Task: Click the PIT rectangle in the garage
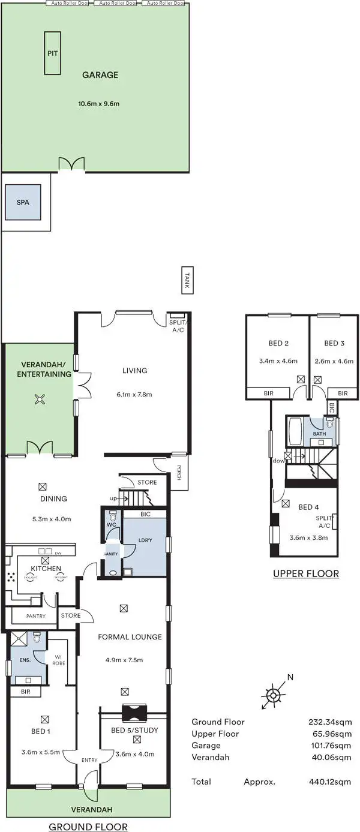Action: point(52,53)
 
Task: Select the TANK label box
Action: point(188,281)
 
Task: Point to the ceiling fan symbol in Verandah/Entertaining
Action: point(40,400)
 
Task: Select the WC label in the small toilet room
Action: point(111,525)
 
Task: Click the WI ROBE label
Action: point(58,659)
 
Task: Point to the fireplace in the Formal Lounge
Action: point(133,713)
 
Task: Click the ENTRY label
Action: point(89,761)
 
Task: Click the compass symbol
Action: point(272,695)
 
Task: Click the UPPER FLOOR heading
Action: point(306,573)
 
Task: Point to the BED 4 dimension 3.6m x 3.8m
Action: point(308,537)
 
